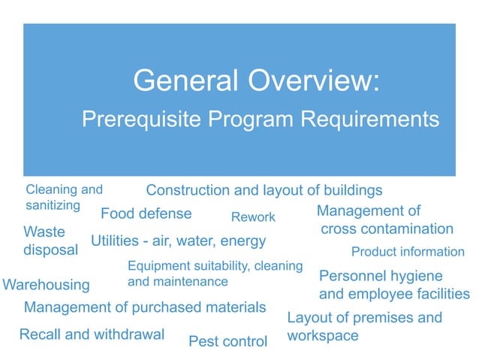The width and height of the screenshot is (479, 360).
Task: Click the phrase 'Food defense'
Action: pos(146,213)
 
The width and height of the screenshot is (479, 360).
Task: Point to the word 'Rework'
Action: pos(253,217)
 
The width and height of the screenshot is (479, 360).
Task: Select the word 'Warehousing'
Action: pos(47,285)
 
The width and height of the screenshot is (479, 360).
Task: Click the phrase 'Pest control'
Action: pos(227,342)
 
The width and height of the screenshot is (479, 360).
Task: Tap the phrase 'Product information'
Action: pos(408,252)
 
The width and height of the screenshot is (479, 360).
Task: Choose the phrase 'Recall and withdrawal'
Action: pos(92,334)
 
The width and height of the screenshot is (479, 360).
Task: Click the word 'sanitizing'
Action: pos(53,205)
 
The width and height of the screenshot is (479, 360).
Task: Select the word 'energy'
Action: pos(243,241)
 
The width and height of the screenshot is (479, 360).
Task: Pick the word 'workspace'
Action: pos(323,335)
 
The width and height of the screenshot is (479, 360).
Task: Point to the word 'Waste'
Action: pos(44,231)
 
